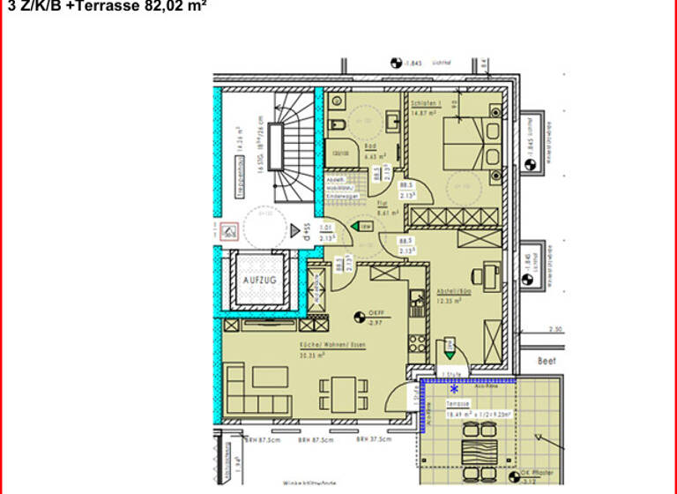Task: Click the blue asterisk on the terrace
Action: (455, 388)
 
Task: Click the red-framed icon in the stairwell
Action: (228, 231)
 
